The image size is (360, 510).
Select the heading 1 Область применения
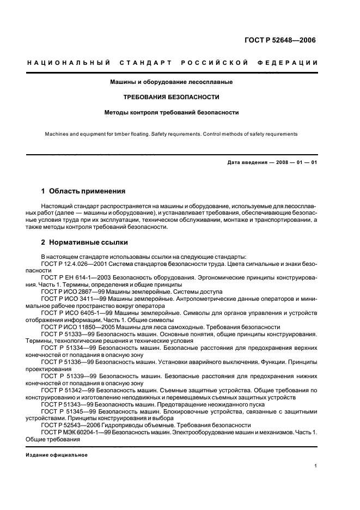[x=83, y=192]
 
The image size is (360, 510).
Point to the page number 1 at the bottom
[x=316, y=466]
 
